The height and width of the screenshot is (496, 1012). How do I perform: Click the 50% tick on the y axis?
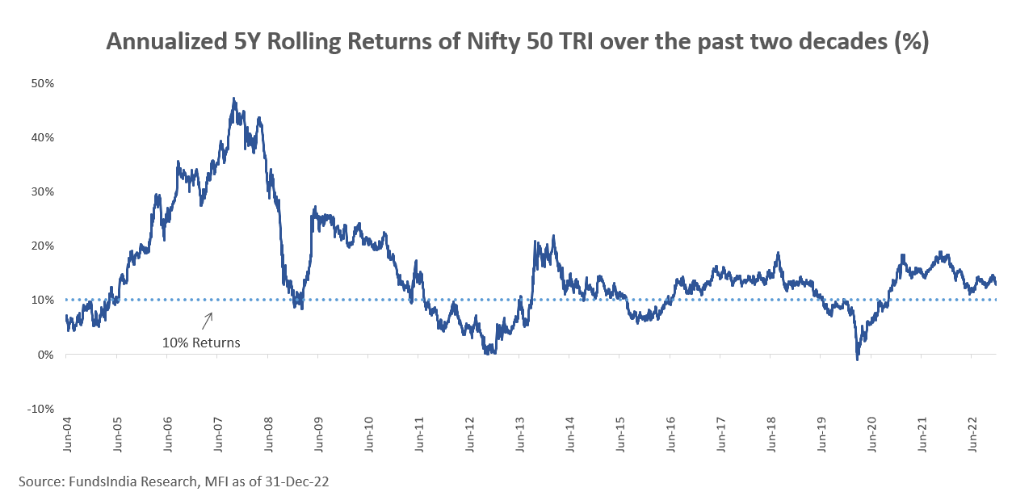43,83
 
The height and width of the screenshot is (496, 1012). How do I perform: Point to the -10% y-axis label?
40,408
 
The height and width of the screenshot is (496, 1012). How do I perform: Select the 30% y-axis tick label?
43,191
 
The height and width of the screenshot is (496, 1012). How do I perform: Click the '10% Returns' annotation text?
202,343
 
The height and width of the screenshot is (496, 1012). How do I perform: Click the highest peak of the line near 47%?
233,99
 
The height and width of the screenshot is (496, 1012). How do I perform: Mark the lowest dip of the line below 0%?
857,359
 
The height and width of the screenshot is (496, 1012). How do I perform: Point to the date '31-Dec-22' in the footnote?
300,481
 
